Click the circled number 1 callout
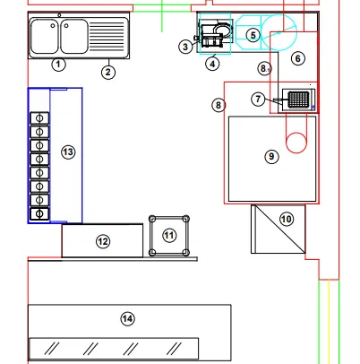coord(58,65)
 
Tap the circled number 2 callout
coord(107,72)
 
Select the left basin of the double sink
coord(45,36)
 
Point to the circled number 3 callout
coord(185,47)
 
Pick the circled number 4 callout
coord(212,64)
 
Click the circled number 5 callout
coord(253,35)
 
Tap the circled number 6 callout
coord(298,58)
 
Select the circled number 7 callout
coord(258,99)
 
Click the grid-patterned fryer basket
coord(298,100)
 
